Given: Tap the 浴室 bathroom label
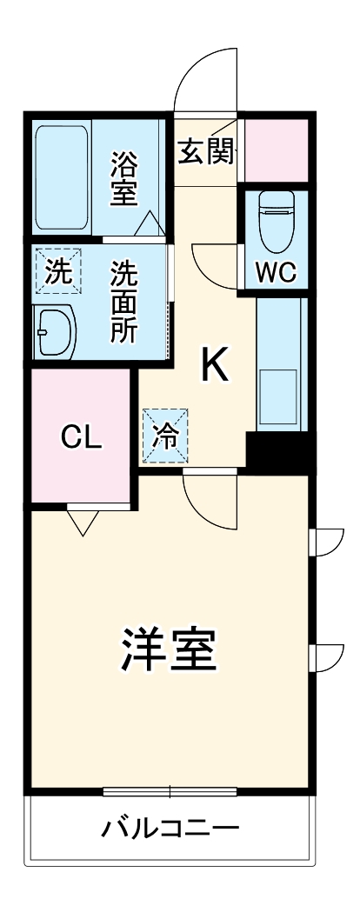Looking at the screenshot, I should tap(124, 178).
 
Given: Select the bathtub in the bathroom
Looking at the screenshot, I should tap(61, 177).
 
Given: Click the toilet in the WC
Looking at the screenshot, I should tap(277, 214).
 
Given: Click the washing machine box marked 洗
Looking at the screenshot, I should tap(57, 272).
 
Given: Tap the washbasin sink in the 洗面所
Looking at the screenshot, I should tap(55, 330).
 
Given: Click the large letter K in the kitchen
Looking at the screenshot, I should tap(216, 366).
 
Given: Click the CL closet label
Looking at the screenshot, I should tap(81, 438).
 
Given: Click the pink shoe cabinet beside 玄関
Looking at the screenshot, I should tap(276, 146).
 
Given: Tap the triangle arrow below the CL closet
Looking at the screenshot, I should tap(83, 522).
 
